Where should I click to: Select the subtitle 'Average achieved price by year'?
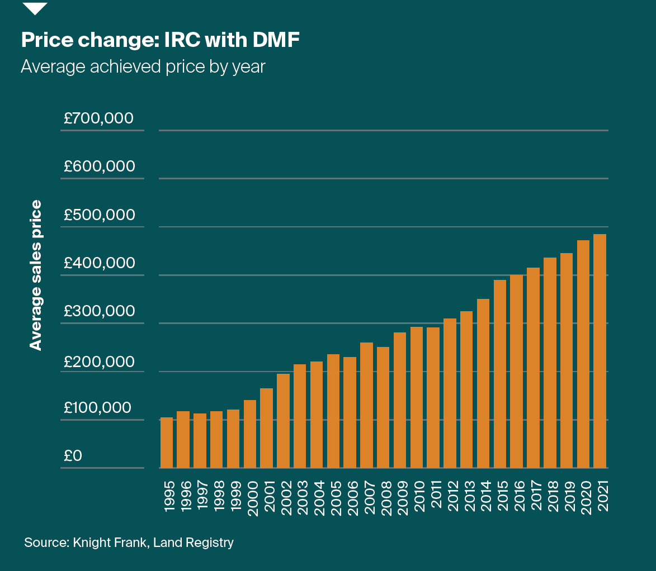click(x=143, y=66)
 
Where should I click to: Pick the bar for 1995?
click(x=167, y=442)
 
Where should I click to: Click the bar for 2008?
click(x=383, y=407)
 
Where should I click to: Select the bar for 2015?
click(x=500, y=374)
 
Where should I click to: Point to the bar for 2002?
click(x=283, y=421)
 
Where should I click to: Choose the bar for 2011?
click(x=433, y=397)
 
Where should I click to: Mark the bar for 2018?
click(x=550, y=363)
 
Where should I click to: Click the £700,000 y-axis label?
click(x=98, y=118)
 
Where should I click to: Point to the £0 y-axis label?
click(x=73, y=456)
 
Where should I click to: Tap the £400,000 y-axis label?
click(x=98, y=263)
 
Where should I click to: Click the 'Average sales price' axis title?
click(x=36, y=275)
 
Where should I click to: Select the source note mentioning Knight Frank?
click(x=129, y=543)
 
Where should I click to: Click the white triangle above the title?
click(x=34, y=8)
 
